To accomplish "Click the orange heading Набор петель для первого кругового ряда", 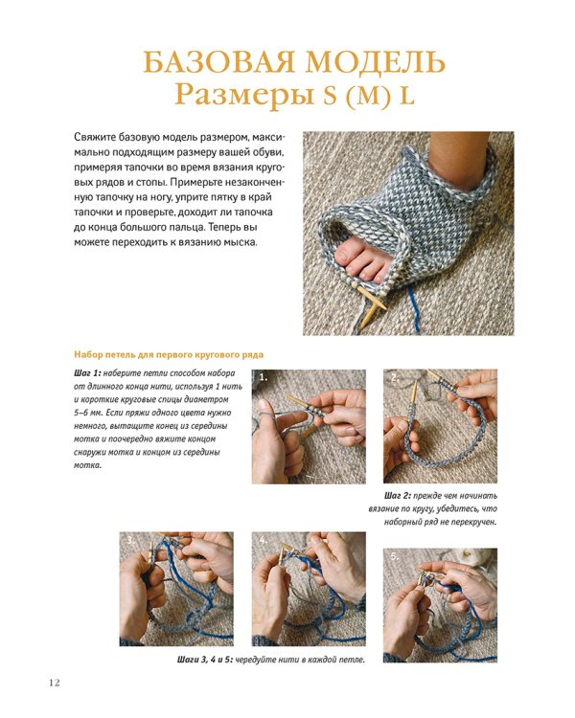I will point(162,354).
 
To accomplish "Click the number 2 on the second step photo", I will point(392,378).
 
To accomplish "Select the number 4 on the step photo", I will point(262,541).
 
